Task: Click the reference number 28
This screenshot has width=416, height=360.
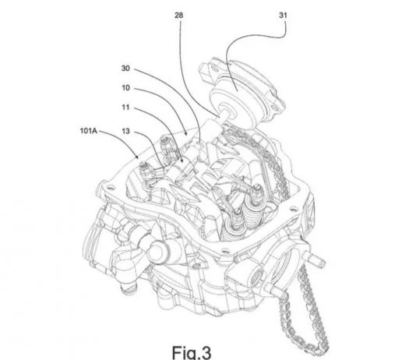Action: [x=179, y=16]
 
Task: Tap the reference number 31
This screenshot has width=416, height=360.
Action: [x=283, y=16]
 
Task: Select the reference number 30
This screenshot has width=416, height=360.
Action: [x=125, y=69]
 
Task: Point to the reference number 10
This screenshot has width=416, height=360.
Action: [x=125, y=88]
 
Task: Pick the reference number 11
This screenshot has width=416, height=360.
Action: [x=125, y=108]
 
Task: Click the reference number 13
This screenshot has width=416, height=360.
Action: [x=125, y=131]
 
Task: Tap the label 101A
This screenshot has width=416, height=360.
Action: [x=89, y=131]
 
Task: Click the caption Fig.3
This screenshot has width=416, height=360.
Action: [x=192, y=352]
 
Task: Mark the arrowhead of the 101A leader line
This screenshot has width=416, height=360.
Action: [x=137, y=157]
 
